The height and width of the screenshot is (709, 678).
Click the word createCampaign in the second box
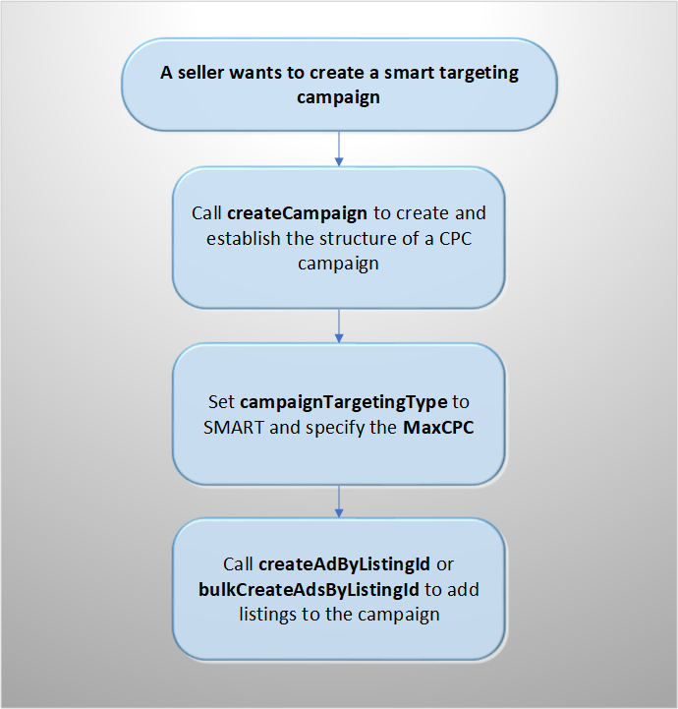297,213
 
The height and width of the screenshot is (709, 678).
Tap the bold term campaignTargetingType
344,402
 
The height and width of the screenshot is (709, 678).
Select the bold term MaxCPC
438,428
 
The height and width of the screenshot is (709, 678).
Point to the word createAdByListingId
344,564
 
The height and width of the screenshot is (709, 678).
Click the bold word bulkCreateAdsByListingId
309,590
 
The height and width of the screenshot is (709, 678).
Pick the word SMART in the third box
234,428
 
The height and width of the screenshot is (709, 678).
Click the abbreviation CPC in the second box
455,239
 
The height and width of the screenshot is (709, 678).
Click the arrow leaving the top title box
339,148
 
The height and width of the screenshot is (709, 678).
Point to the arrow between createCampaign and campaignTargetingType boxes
339,325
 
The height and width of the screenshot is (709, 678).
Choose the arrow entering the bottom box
339,502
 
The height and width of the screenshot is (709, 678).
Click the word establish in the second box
243,239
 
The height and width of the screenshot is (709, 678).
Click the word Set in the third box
221,402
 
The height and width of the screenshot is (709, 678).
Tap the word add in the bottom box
464,590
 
